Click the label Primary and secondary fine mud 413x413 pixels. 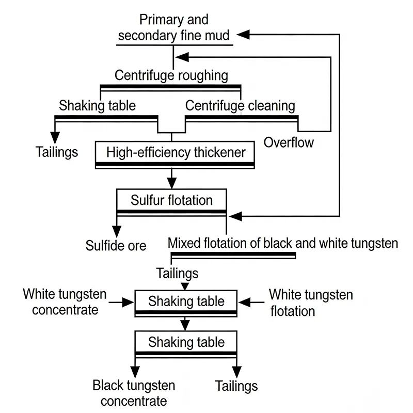(174, 28)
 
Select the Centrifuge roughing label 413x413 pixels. (171, 75)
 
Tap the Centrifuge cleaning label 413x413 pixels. (240, 106)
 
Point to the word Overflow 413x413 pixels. (289, 142)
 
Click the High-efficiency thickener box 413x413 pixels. (176, 152)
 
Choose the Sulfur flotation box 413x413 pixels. (171, 200)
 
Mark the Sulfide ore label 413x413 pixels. (116, 245)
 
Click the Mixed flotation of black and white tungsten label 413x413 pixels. (283, 243)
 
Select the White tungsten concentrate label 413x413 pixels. (65, 302)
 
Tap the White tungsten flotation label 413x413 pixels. (311, 303)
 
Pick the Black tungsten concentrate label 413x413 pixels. (134, 393)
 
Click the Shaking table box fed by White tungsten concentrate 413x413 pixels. (186, 301)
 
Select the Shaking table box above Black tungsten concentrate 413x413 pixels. (186, 342)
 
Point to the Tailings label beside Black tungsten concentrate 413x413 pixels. (236, 386)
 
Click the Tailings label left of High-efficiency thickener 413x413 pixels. (57, 152)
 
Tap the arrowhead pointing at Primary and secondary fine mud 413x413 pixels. (243, 34)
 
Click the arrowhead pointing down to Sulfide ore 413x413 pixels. (116, 230)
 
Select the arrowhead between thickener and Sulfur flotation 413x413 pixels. (171, 182)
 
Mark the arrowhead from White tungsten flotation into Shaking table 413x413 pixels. (244, 301)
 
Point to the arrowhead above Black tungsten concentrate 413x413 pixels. (135, 371)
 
